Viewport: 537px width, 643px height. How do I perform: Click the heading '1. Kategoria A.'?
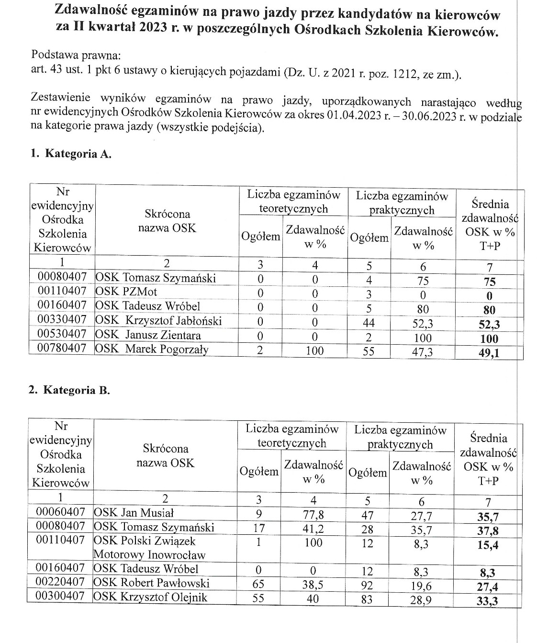coord(71,154)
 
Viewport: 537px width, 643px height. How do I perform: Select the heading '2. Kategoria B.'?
coord(69,390)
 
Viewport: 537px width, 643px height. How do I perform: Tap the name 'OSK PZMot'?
coord(126,292)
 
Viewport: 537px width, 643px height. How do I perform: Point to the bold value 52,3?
coord(489,325)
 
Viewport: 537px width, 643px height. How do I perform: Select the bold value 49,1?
coord(489,354)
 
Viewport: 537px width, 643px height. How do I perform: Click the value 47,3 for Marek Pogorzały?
coord(422,353)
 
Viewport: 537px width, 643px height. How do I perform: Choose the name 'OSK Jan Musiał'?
coord(134,513)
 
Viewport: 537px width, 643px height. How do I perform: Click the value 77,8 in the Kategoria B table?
coord(313,515)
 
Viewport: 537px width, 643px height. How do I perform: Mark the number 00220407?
coord(60,583)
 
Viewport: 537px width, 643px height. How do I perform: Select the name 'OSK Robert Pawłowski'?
coord(152,583)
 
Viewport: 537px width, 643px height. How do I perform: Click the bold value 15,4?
coord(488,545)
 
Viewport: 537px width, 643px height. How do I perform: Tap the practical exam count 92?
coord(367,585)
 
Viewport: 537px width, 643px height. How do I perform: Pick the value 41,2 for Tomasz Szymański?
coord(313,529)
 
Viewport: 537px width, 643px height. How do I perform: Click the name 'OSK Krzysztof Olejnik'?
coord(151,597)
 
